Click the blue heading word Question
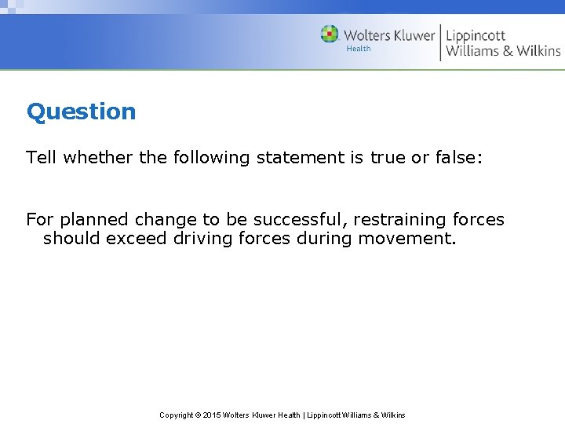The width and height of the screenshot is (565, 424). coord(81,112)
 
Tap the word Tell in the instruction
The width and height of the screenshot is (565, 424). coord(42,158)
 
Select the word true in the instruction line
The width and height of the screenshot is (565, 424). coord(388,158)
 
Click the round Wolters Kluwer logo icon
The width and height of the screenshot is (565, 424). coord(330,35)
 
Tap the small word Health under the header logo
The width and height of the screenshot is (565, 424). coord(359,49)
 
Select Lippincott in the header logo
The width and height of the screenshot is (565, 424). coord(476,35)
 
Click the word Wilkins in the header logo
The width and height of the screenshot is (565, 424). coord(535,51)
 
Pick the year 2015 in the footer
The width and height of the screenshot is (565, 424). coord(213,415)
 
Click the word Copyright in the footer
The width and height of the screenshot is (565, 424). coord(177,415)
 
